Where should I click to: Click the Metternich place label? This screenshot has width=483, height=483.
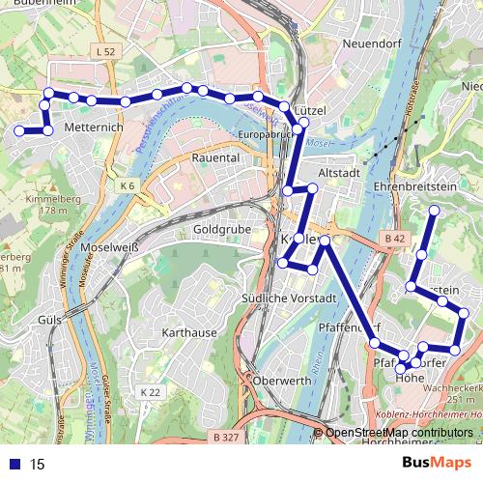click(93, 127)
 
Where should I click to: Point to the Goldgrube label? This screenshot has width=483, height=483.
click(222, 229)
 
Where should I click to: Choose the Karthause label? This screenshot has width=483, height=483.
click(190, 332)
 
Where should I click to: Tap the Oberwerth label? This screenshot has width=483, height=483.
click(282, 381)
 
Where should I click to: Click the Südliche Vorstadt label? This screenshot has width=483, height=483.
click(288, 298)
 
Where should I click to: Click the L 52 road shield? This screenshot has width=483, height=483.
click(106, 49)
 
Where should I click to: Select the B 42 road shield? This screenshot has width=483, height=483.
click(393, 238)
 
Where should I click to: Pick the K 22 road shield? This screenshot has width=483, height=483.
click(150, 392)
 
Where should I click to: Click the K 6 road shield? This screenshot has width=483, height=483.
click(128, 185)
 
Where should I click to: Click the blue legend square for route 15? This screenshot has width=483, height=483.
click(15, 464)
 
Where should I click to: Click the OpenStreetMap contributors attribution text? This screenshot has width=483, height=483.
click(400, 433)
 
